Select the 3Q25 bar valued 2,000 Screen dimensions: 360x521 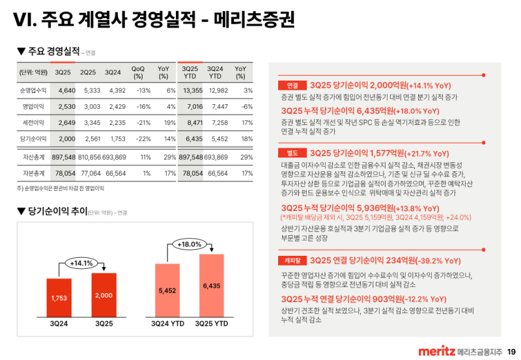point(104,294)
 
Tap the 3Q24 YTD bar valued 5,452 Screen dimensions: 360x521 point(167,290)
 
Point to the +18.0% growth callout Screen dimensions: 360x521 point(190,245)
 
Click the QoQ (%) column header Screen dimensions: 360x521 point(138,72)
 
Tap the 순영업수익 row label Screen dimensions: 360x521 point(33,90)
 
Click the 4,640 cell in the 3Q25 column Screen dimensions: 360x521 point(67,90)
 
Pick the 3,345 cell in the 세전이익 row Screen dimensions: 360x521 point(92,122)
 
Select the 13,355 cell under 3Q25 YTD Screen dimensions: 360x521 point(193,90)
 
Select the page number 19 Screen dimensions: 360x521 point(511,352)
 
